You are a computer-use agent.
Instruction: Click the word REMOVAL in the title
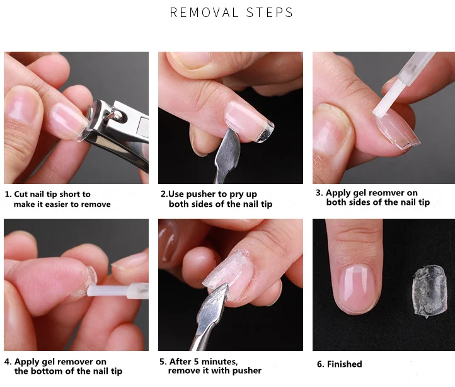pyautogui.click(x=204, y=13)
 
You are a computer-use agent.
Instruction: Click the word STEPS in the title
pyautogui.click(x=270, y=13)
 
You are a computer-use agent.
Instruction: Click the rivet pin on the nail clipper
pyautogui.click(x=117, y=116)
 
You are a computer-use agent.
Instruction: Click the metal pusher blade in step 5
pyautogui.click(x=213, y=305)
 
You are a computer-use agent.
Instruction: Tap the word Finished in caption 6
pyautogui.click(x=345, y=364)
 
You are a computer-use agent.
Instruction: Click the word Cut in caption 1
pyautogui.click(x=21, y=194)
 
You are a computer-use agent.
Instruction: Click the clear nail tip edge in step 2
pyautogui.click(x=265, y=133)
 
